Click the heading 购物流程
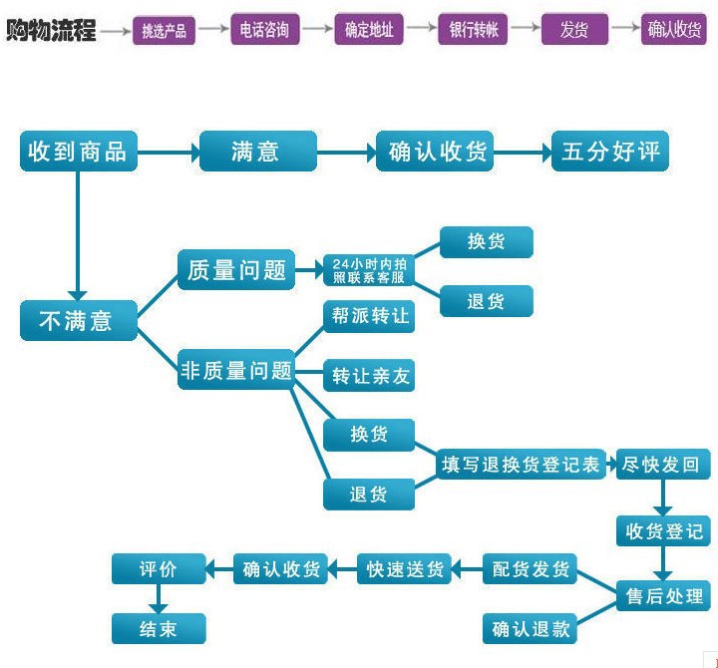[52, 30]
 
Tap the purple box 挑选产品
[165, 30]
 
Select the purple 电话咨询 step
[265, 30]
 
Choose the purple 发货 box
[574, 30]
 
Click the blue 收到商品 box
[78, 152]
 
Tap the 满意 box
[257, 152]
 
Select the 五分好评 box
[610, 152]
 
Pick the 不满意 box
[78, 321]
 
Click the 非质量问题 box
[236, 371]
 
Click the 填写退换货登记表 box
[523, 465]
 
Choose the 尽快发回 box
[660, 465]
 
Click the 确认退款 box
[531, 629]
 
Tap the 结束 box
[158, 628]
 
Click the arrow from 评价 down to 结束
[158, 598]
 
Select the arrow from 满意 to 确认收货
[345, 153]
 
